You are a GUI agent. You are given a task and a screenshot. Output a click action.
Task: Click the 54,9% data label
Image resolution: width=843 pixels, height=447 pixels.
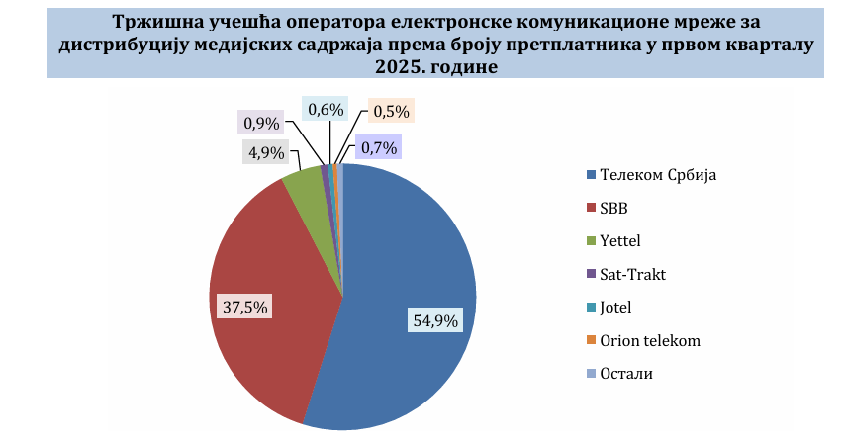[434, 319]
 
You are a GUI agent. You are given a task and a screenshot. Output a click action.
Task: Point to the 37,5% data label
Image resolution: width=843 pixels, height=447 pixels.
[243, 307]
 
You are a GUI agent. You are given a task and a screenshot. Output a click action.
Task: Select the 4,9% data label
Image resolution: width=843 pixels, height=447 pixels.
[265, 152]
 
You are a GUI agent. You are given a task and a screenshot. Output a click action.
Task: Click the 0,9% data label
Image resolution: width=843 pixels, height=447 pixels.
[261, 123]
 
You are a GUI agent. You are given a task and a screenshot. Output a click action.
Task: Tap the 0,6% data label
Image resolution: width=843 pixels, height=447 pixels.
[325, 109]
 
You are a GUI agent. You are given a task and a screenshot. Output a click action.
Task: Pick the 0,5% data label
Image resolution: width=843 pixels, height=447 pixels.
[389, 111]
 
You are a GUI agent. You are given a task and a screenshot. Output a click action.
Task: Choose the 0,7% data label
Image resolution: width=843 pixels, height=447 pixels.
[379, 148]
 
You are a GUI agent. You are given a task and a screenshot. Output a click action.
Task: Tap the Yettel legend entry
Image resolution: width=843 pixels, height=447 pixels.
[620, 241]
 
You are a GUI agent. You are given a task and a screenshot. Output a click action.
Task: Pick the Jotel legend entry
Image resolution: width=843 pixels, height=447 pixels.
[614, 308]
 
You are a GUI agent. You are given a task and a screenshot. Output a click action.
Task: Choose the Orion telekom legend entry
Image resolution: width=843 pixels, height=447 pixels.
[649, 340]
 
